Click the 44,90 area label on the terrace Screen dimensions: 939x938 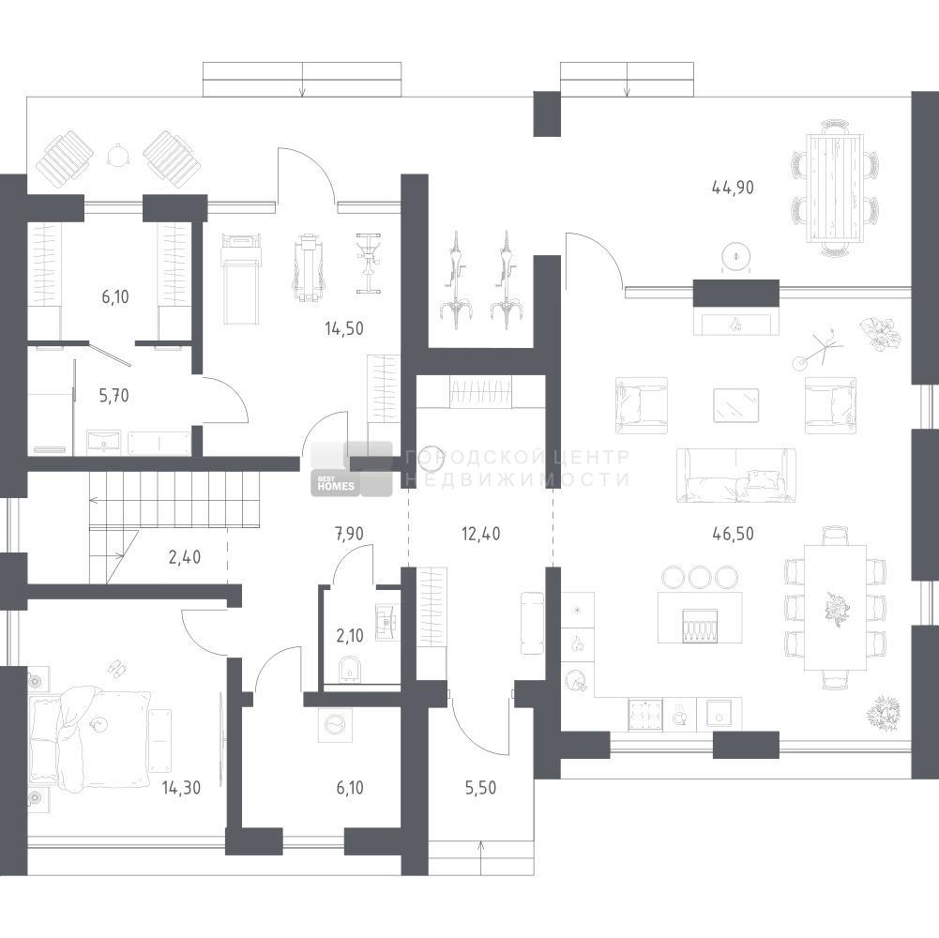pos(733,188)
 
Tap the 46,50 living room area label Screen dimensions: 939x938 pos(733,533)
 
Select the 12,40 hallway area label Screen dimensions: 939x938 pos(481,533)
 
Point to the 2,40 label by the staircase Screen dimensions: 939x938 pos(185,557)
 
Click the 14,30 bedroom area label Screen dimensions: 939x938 pos(181,788)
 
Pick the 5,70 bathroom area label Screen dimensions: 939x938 pos(114,396)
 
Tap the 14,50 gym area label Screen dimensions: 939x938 pos(343,328)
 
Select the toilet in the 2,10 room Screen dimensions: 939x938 pos(349,669)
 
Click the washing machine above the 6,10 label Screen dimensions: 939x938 pos(334,724)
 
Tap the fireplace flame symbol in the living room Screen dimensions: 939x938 pos(736,325)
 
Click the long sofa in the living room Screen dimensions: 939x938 pos(736,475)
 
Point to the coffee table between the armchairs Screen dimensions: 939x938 pos(736,405)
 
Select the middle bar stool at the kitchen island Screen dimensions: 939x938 pos(699,577)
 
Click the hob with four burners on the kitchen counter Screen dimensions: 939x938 pos(645,714)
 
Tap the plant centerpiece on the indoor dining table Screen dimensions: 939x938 pos(836,609)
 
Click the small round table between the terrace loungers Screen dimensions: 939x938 pos(118,155)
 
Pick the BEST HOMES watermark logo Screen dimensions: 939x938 pos(351,469)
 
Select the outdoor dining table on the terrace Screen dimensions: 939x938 pos(836,189)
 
